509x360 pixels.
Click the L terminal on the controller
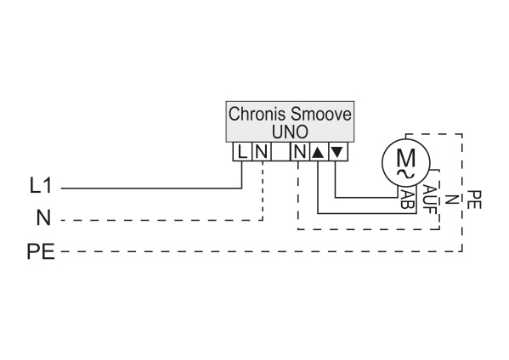(x=242, y=152)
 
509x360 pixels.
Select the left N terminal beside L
(x=262, y=152)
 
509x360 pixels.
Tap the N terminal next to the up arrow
(x=300, y=152)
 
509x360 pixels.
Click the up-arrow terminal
(x=319, y=152)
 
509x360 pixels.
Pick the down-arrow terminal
(x=338, y=152)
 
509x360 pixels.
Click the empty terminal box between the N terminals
(x=280, y=152)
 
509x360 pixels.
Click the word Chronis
(x=257, y=114)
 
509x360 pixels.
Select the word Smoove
(x=320, y=114)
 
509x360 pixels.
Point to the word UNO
(x=290, y=132)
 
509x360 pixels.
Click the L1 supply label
(x=41, y=186)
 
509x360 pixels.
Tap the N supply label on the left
(x=43, y=217)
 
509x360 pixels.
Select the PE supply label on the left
(x=41, y=251)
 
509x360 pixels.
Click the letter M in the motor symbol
(x=406, y=158)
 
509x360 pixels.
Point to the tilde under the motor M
(x=406, y=174)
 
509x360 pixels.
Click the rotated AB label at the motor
(x=406, y=199)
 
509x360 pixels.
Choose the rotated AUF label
(x=430, y=200)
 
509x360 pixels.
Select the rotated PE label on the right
(x=474, y=200)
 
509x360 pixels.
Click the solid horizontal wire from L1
(x=151, y=188)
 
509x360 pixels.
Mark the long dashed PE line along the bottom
(x=262, y=251)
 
